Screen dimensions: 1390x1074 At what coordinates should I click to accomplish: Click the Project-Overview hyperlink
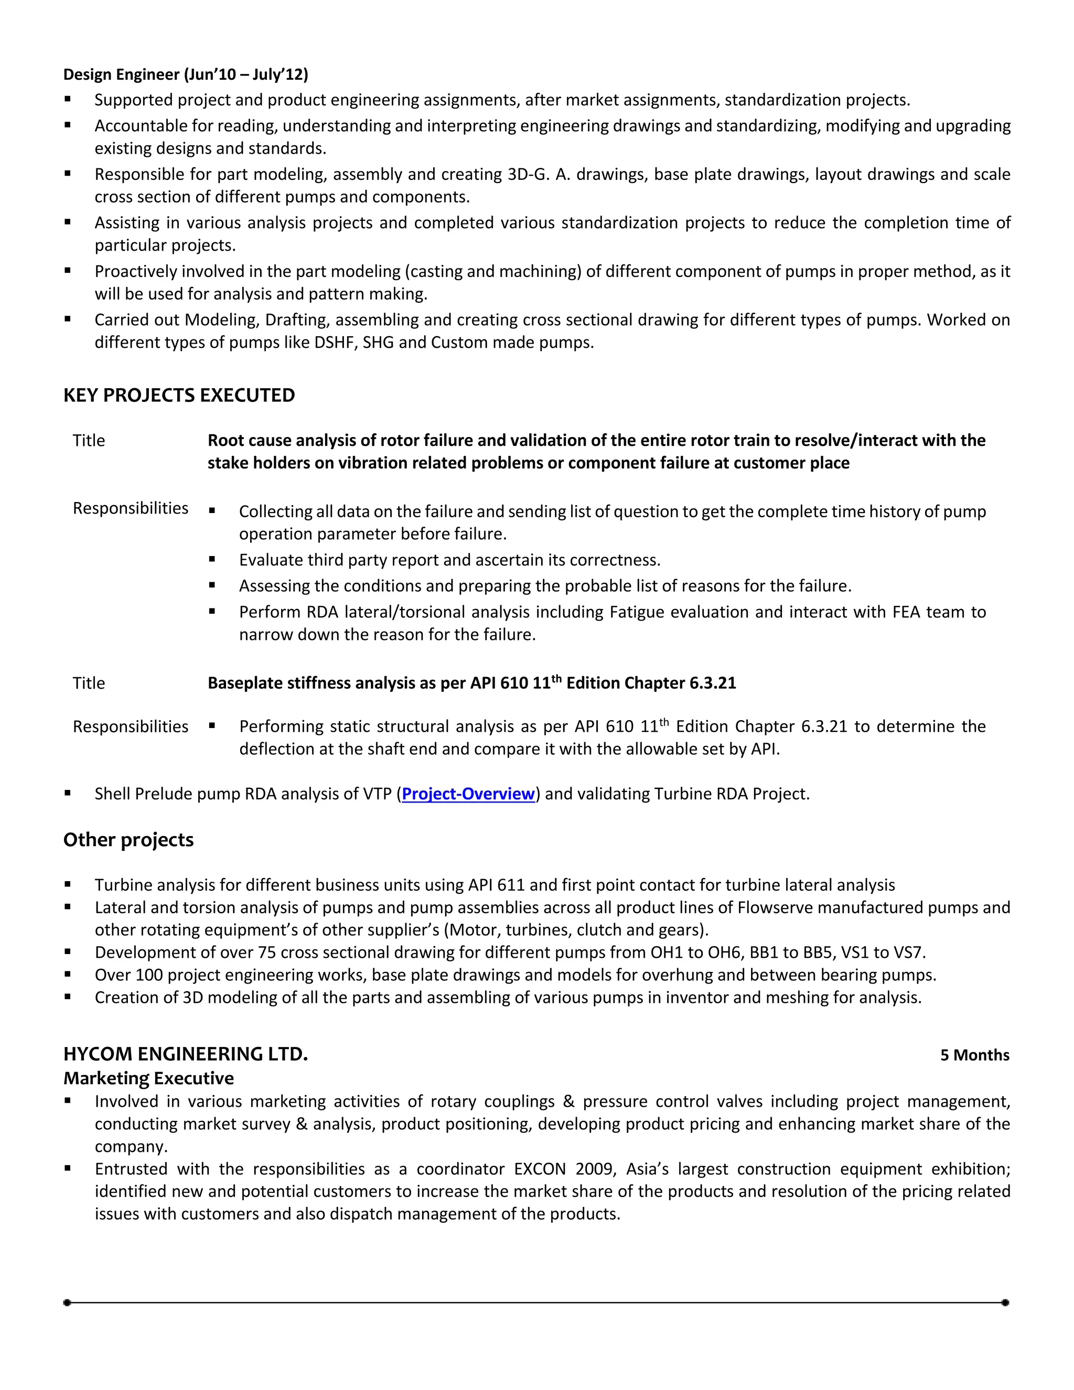468,794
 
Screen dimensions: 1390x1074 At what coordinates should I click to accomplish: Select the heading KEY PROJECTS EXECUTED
179,395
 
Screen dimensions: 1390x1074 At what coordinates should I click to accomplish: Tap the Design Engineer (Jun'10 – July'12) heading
185,74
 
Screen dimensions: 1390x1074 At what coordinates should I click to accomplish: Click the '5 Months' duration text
974,1055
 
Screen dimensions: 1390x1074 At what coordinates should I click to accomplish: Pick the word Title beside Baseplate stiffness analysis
89,683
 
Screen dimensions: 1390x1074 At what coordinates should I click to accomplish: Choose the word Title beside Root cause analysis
89,441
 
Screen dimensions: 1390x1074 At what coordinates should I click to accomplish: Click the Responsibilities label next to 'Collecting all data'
131,508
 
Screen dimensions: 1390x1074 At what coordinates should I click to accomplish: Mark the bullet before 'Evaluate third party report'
212,560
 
